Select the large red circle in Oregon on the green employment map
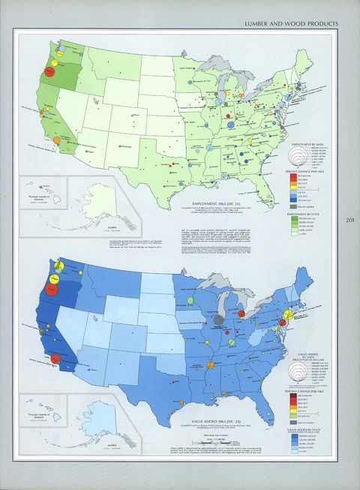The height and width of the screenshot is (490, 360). coord(49,71)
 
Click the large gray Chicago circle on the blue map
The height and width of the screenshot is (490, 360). coord(218,320)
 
